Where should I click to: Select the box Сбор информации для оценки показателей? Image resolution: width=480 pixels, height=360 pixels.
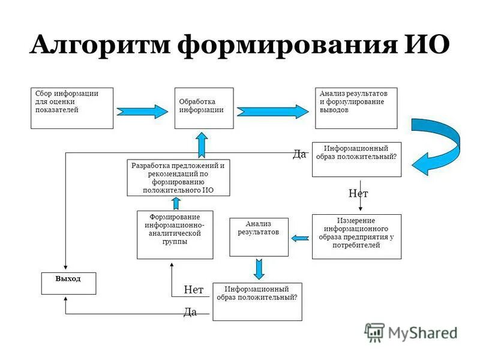(x=72, y=108)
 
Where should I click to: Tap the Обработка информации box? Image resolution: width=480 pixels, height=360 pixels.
(x=203, y=108)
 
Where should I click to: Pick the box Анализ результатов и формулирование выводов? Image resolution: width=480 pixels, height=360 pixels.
(x=356, y=108)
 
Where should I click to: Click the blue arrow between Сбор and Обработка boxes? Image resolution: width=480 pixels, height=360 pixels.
(x=143, y=112)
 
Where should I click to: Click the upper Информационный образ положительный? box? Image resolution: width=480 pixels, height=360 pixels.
(x=356, y=159)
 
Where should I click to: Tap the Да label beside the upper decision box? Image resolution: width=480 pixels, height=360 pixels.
(x=299, y=154)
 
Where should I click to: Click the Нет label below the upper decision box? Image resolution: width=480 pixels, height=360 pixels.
(x=358, y=193)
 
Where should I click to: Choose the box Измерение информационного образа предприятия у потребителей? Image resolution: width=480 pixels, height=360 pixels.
(x=356, y=236)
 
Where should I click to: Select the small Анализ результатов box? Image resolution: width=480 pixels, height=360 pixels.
(x=259, y=236)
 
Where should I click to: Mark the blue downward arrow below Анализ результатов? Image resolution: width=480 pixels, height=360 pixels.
(x=259, y=268)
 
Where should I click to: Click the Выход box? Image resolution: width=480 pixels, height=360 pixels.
(x=68, y=283)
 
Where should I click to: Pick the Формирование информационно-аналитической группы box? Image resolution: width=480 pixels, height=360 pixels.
(x=175, y=235)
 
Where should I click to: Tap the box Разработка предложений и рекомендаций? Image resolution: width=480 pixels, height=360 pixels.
(x=178, y=177)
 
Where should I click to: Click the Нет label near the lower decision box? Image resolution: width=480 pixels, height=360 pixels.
(x=193, y=289)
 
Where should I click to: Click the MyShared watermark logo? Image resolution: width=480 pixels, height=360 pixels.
(x=412, y=332)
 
